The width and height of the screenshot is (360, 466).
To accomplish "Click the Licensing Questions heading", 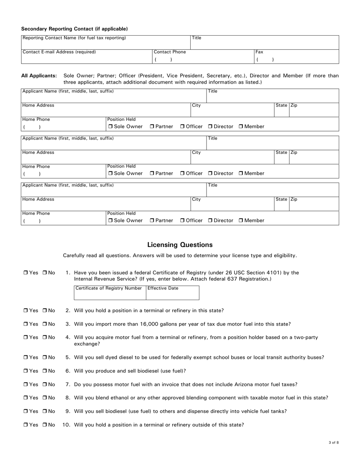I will [x=180, y=245].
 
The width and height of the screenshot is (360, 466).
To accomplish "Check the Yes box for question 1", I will [x=26, y=273].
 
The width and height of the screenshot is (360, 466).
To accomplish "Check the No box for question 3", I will [x=45, y=324].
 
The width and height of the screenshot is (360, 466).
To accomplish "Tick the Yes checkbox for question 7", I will [x=26, y=385].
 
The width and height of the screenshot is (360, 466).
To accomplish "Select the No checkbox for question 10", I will [x=45, y=425].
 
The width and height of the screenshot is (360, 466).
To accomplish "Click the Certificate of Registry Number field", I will [x=110, y=294].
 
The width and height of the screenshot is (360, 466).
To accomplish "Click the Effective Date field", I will [x=172, y=294].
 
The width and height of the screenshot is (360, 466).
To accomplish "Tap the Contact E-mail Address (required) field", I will [x=86, y=58].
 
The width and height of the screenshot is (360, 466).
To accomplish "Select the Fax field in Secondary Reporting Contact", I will [x=296, y=58].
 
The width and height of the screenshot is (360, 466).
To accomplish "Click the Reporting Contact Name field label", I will [x=74, y=38].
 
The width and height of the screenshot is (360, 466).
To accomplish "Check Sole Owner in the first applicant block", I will [x=110, y=127].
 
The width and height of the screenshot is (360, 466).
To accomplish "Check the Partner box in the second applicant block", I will [x=152, y=174].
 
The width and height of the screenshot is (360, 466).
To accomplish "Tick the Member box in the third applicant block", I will [x=241, y=220].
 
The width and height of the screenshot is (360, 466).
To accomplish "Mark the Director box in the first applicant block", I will [x=210, y=127].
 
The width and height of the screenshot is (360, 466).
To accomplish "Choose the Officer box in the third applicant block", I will [x=182, y=220].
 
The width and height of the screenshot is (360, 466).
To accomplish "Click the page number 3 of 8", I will [x=333, y=443].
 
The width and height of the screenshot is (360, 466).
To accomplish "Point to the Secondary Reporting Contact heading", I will [x=74, y=29].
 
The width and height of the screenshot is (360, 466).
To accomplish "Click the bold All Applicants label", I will [x=39, y=76].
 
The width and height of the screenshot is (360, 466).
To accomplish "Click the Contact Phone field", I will [x=202, y=58].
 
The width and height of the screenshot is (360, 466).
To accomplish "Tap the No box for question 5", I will [x=45, y=358].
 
